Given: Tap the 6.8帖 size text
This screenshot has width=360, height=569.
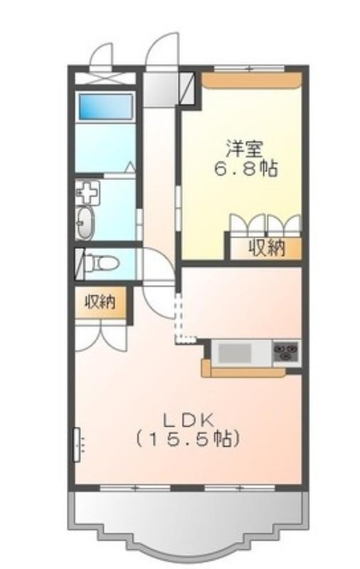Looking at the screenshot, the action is [x=246, y=169].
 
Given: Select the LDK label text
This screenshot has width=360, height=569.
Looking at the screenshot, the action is [x=187, y=421].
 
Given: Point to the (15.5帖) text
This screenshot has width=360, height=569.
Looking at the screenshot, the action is [x=187, y=440].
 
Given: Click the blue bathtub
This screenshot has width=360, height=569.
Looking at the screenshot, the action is [x=105, y=107].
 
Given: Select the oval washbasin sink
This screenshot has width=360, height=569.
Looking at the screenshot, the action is [x=85, y=223].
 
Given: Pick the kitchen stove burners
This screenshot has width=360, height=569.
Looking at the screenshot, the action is [x=287, y=352].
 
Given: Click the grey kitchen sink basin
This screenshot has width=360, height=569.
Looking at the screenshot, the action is [x=235, y=353].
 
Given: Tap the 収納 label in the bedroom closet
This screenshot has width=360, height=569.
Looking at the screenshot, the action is [x=267, y=249].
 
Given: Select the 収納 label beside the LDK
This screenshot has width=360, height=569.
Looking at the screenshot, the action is [x=100, y=302].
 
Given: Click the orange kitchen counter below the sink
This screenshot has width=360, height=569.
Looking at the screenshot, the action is [x=243, y=370].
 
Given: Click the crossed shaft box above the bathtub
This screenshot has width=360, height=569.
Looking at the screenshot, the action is [x=105, y=78].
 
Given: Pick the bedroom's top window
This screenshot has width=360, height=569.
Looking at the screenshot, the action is [x=249, y=68].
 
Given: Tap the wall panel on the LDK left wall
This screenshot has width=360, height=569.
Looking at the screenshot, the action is [x=77, y=445].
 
